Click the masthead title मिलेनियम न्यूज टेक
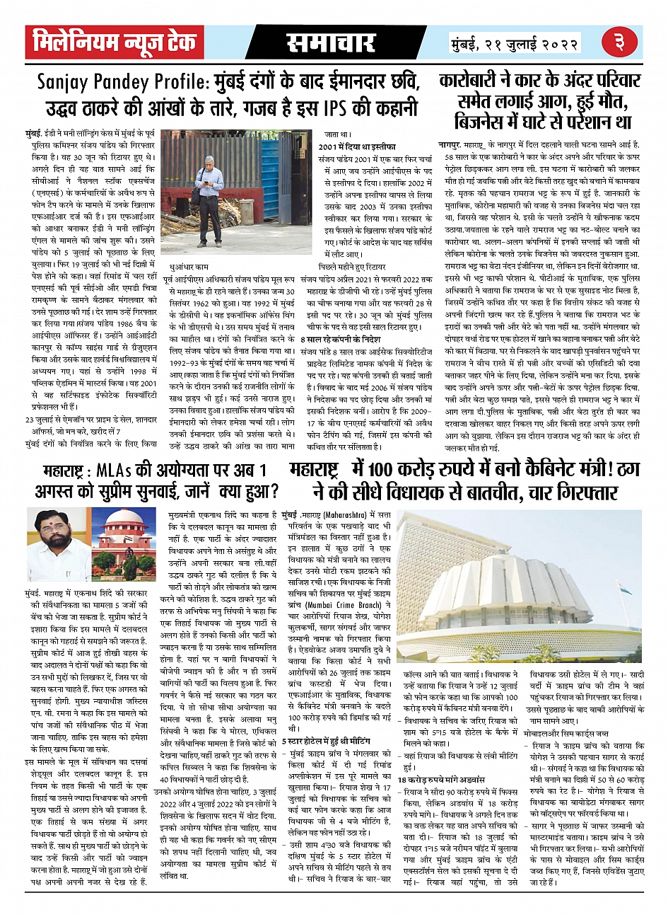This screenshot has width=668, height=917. (115, 43)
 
